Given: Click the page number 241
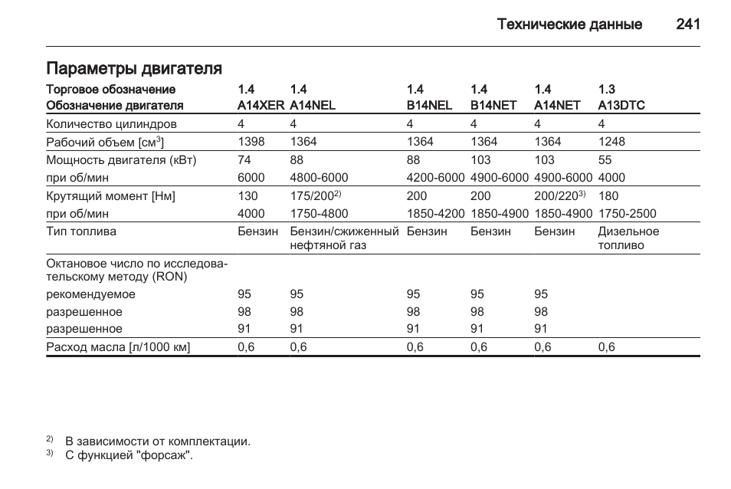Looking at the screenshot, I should [688, 25].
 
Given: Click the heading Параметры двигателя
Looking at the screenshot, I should [134, 69].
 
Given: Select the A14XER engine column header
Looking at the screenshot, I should [261, 105].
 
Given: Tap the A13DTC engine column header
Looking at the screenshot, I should [621, 105].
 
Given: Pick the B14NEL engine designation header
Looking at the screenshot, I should [429, 105].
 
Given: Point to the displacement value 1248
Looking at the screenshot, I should [611, 141].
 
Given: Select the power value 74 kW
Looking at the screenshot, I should [244, 160].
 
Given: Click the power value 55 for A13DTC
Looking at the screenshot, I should [605, 160].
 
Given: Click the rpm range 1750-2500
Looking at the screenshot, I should [627, 214].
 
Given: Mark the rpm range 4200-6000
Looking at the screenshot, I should [435, 177].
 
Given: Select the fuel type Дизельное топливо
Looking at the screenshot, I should [628, 238].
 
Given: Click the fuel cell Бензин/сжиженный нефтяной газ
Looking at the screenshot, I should [344, 238].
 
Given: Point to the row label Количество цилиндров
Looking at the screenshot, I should [111, 123].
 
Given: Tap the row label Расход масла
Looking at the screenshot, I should [118, 347].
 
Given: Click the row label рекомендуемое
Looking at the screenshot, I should [90, 294].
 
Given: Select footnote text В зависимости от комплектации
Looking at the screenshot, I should [158, 441].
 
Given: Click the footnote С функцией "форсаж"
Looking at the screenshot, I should [129, 455].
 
